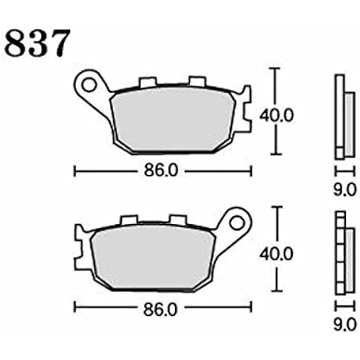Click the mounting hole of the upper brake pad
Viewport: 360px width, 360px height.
87,85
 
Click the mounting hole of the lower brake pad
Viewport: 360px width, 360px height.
236,223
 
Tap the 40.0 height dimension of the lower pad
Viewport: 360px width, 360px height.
276,254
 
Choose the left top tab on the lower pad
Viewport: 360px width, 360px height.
129,220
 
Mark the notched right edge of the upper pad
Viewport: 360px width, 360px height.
246,108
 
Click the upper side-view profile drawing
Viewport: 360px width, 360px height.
344,117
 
